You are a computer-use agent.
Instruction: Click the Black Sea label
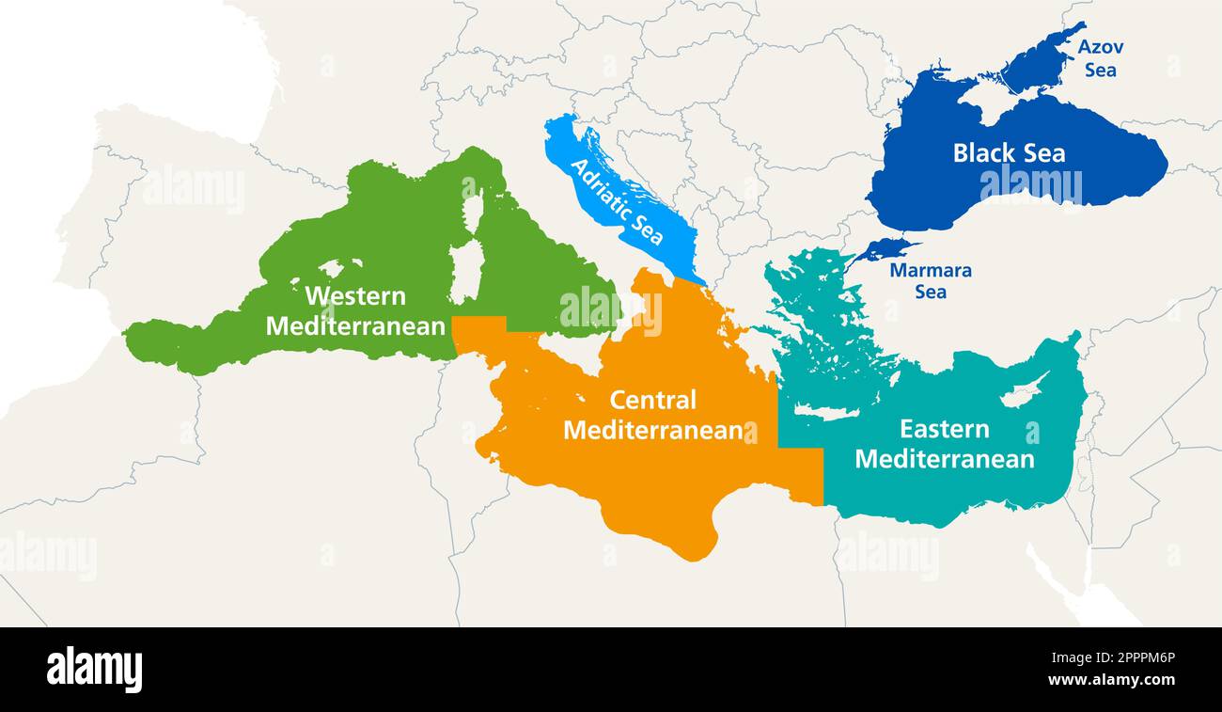1009,153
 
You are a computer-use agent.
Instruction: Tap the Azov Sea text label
1100,58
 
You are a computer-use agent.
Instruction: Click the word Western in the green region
355,295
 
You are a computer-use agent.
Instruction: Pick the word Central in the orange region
653,400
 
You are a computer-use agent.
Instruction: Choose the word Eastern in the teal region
944,429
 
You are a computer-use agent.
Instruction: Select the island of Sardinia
463,273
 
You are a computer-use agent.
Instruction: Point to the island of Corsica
473,212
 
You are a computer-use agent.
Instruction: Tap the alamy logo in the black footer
94,670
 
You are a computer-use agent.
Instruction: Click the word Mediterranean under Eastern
944,459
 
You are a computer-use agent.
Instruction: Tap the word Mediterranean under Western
355,326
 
